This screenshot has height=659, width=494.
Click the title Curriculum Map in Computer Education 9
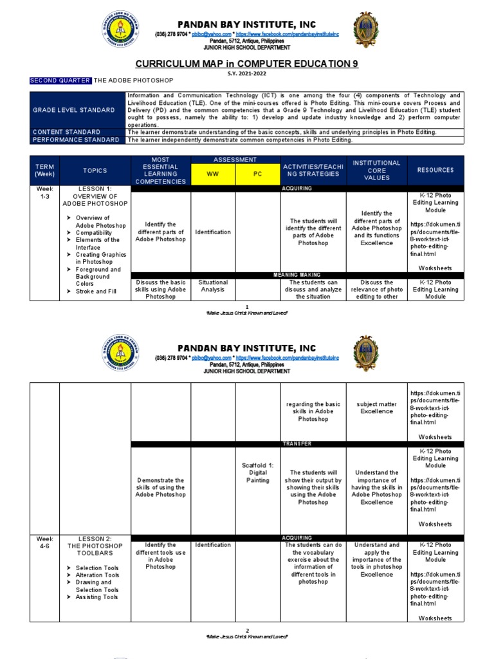click(x=246, y=64)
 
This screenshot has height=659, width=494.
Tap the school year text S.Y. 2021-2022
click(x=246, y=73)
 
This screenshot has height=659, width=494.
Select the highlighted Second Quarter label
click(x=60, y=80)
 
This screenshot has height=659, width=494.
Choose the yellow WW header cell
click(x=212, y=174)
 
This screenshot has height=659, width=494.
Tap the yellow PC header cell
click(x=257, y=174)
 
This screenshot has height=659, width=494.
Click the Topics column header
click(x=95, y=171)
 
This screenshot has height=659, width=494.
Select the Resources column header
click(x=435, y=171)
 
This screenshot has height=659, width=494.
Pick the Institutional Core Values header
click(x=376, y=171)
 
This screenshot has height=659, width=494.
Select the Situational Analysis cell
click(x=213, y=286)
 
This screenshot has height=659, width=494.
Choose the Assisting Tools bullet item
click(x=96, y=597)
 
